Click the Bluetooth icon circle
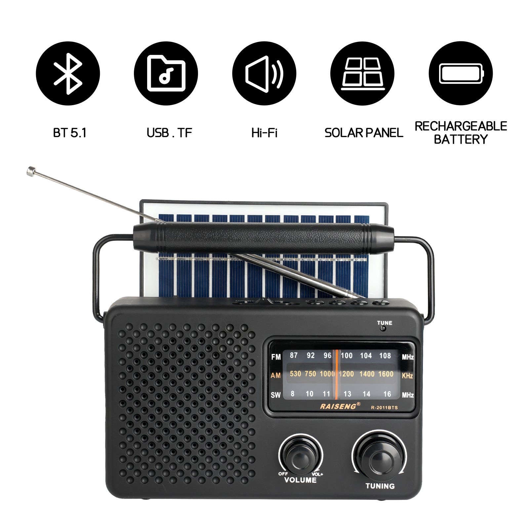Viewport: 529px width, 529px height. coord(68,73)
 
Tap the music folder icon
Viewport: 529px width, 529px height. coord(166,73)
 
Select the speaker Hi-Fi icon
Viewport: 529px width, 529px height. coord(264,73)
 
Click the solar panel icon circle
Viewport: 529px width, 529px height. coord(362,73)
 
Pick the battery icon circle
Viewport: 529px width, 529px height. coord(461,73)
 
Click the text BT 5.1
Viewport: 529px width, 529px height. coord(70,133)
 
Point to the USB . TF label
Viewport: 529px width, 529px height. coord(169,133)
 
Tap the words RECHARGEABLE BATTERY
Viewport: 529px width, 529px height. coord(461,133)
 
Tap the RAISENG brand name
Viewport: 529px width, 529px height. coord(338,406)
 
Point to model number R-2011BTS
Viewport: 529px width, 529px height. coord(384,408)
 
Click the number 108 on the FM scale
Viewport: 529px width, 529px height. coord(385,356)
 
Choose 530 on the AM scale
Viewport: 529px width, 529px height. coord(295,374)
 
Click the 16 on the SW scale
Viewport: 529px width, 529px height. coord(387,394)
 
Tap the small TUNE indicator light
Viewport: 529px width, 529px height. coord(383,328)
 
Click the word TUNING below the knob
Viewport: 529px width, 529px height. coord(380,486)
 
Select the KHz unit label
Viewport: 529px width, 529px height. coord(407,376)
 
